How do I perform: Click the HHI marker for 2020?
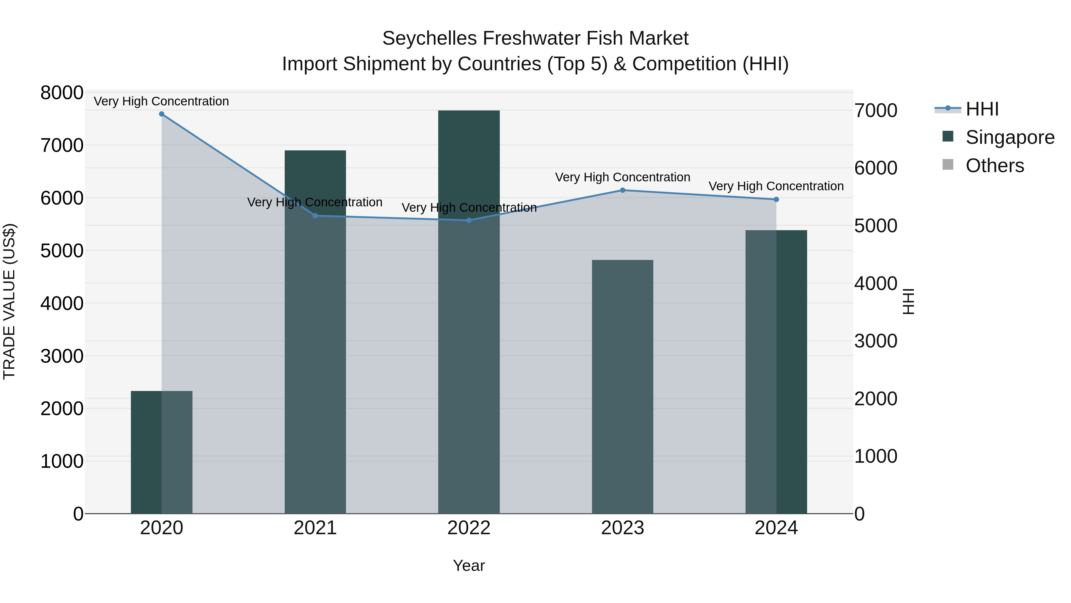(162, 114)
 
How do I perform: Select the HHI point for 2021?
(315, 216)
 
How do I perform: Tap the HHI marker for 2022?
(469, 220)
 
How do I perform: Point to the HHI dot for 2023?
(623, 190)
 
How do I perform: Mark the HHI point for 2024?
(776, 199)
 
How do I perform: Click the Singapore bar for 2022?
(469, 312)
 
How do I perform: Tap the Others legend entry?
(995, 166)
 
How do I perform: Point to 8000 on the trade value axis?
(62, 93)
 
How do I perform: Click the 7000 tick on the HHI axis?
(876, 111)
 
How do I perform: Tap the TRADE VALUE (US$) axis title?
(9, 301)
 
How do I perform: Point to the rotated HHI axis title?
(909, 301)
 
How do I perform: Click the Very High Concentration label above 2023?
(623, 177)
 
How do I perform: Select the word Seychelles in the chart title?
(429, 38)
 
